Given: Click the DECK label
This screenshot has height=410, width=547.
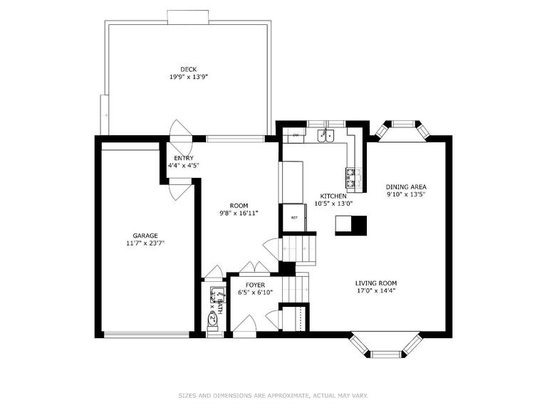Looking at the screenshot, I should (188, 69).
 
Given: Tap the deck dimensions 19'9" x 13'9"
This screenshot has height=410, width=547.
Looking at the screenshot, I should (188, 77).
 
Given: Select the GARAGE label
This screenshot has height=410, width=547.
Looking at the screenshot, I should (145, 236).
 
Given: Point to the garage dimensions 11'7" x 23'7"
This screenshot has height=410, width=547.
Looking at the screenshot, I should (145, 243).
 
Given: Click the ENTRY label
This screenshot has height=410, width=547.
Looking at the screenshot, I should (183, 158).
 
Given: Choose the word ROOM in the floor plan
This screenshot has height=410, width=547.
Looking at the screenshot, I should (239, 206).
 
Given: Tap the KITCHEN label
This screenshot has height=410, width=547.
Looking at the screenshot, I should (333, 196).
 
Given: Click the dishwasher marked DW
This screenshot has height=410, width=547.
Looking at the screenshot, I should (295, 135).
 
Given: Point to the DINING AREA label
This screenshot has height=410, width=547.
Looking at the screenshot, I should (406, 187).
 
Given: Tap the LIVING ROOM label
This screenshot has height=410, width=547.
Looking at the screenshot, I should (376, 283).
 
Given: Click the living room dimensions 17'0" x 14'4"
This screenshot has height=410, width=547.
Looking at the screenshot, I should (376, 290).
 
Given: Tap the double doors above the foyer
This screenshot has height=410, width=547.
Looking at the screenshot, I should (254, 268).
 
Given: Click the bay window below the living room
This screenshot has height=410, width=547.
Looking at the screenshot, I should (385, 348).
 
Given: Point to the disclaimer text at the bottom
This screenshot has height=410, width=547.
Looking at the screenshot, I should (273, 394).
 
